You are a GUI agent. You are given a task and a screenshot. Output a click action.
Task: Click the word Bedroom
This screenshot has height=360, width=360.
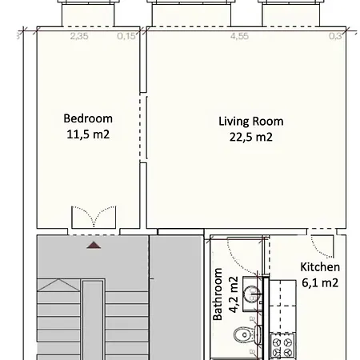pyautogui.click(x=87, y=119)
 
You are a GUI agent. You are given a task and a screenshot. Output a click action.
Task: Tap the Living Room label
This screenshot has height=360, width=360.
pyautogui.click(x=250, y=122)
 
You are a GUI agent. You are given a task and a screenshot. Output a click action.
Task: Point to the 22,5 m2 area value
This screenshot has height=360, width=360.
pyautogui.click(x=250, y=137)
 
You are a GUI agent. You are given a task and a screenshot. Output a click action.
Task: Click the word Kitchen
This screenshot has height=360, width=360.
pyautogui.click(x=320, y=267)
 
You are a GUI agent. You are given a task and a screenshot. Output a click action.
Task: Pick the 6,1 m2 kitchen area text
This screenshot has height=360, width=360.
pyautogui.click(x=320, y=282)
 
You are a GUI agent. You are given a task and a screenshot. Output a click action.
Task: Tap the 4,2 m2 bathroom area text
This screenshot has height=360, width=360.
pyautogui.click(x=234, y=294)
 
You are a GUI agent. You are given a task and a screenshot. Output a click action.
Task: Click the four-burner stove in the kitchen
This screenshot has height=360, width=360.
pyautogui.click(x=284, y=346)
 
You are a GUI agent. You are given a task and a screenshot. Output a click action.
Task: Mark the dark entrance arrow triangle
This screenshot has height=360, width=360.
pyautogui.click(x=94, y=245)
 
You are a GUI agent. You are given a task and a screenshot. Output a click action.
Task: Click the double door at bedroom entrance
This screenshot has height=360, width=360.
pyautogui.click(x=94, y=218)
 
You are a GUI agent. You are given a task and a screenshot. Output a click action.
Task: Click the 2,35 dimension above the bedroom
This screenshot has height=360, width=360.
pyautogui.click(x=79, y=36)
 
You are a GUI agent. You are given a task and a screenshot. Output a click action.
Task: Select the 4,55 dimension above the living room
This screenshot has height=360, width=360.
pyautogui.click(x=239, y=36)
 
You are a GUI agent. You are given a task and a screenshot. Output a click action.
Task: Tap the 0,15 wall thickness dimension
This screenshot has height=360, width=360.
pyautogui.click(x=126, y=36)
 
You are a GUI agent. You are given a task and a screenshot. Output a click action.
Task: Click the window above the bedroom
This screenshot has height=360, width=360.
pyautogui.click(x=89, y=12)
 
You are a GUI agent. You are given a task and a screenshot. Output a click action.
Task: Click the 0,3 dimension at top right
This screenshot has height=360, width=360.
pyautogui.click(x=336, y=36)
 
